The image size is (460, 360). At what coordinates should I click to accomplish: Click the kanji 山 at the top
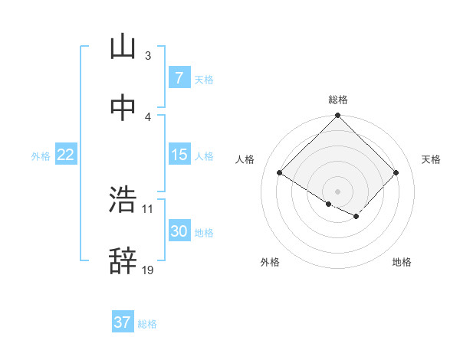coord(123,47)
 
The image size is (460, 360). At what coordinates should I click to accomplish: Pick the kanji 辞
coord(123,261)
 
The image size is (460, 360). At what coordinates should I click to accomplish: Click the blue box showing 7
coord(179,78)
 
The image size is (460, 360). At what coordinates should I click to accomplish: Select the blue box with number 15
coord(179,155)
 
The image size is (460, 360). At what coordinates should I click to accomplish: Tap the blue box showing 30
coord(179,231)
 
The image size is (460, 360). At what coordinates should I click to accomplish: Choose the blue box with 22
coord(65,155)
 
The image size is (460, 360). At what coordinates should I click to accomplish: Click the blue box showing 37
coord(123,322)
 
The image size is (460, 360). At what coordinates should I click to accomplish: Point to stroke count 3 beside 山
coord(147,55)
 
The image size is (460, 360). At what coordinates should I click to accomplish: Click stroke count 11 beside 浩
coord(148,208)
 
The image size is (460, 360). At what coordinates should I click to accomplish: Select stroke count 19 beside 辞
coord(148,270)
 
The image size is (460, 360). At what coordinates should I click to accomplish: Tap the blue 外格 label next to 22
coord(41,155)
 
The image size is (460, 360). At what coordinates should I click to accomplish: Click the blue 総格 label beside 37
coord(147,324)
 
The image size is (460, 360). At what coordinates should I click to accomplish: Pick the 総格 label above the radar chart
coord(337,100)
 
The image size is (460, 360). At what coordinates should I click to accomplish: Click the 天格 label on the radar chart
coord(431,159)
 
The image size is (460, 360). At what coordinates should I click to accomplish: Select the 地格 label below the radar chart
coord(402,262)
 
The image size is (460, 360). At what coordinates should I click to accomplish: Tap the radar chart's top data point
coord(337,116)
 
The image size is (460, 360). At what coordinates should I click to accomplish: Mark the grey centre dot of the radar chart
coord(337,191)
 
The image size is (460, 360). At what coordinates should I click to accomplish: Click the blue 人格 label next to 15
coord(204,155)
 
